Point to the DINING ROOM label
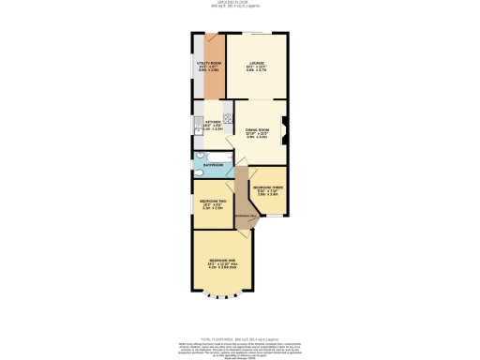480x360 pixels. click(257, 132)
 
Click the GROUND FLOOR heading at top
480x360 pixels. click(240, 3)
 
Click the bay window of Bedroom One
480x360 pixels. click(222, 299)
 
